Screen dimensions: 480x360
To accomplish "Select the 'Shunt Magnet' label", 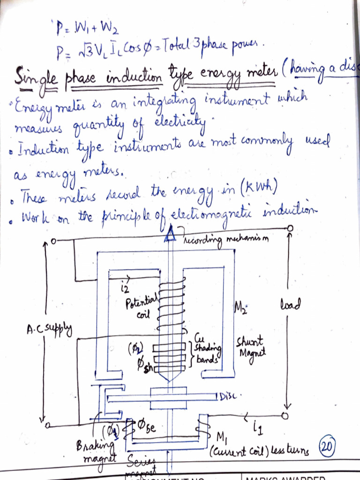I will click(x=249, y=347).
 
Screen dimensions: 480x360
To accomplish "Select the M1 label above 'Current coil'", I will click(x=221, y=437).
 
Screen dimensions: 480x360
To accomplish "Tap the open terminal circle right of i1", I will click(x=285, y=416).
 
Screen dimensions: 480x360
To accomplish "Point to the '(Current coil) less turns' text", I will click(x=259, y=451).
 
